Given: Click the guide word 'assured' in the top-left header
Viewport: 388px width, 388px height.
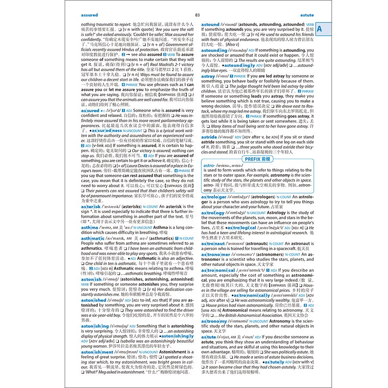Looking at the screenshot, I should pyautogui.click(x=89, y=15).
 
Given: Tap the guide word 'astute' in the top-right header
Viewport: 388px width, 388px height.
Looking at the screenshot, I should pyautogui.click(x=307, y=15).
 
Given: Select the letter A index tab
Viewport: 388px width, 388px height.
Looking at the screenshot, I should pyautogui.click(x=319, y=29).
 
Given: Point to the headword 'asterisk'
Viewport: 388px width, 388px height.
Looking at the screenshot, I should pyautogui.click(x=90, y=207).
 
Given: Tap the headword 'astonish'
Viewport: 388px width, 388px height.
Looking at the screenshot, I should pyautogui.click(x=91, y=279).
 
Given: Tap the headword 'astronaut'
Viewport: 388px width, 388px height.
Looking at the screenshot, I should pyautogui.click(x=213, y=244).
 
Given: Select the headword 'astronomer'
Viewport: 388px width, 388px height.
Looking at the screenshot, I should pyautogui.click(x=215, y=255).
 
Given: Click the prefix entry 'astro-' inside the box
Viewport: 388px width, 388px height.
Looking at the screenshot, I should pyautogui.click(x=209, y=165).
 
